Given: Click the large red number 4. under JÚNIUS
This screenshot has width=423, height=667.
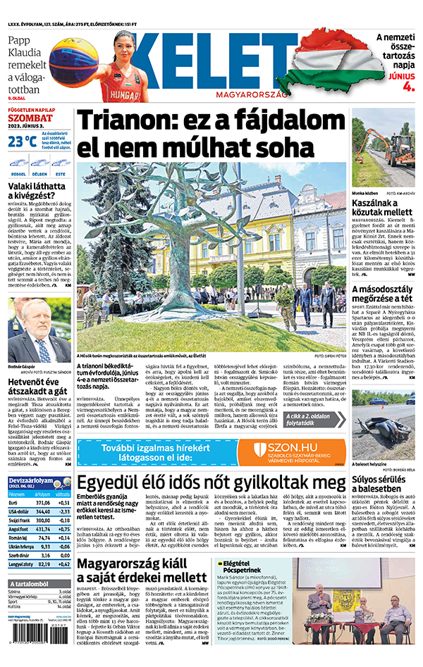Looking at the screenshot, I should tap(407, 87).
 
